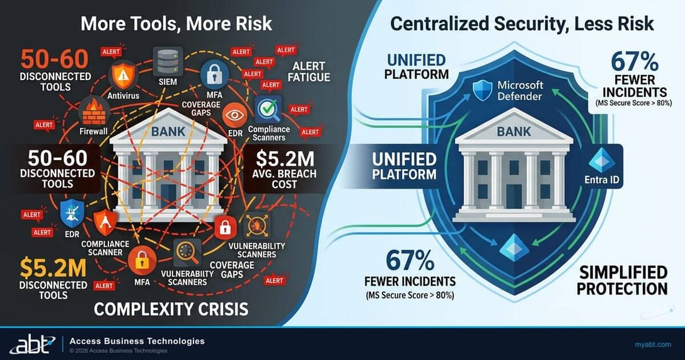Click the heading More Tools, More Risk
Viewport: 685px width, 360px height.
tap(176, 24)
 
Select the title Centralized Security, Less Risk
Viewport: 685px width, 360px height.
tap(522, 24)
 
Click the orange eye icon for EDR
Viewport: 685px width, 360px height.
tap(235, 115)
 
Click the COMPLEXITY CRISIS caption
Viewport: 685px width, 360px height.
tap(170, 309)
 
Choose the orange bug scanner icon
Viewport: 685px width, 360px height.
tap(256, 226)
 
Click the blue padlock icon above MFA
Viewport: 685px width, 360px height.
tap(214, 75)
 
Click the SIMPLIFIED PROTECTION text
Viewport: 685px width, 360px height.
tap(622, 281)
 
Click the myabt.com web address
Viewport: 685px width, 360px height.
tap(652, 344)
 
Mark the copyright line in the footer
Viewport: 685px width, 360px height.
tap(118, 351)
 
